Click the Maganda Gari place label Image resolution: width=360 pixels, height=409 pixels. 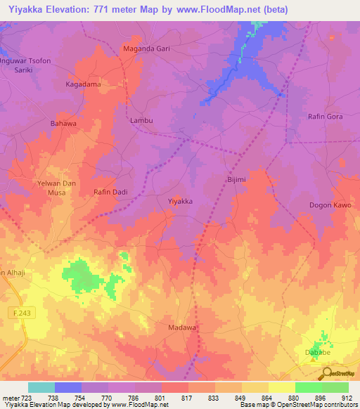click(147, 49)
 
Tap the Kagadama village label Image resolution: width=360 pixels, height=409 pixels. click(83, 84)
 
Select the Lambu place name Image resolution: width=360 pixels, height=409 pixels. click(141, 120)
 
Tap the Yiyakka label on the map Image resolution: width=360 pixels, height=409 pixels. click(180, 201)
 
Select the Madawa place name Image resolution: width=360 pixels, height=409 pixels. click(182, 327)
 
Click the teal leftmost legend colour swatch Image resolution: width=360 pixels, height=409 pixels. click(41, 387)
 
